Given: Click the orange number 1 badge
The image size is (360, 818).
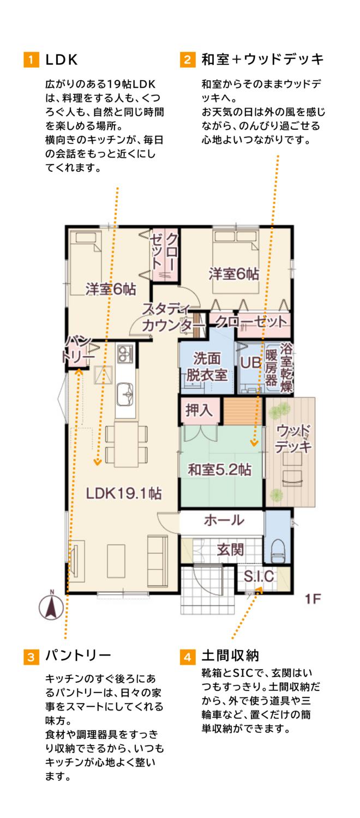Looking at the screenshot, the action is click(x=31, y=59).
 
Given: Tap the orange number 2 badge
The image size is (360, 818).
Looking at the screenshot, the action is click(x=187, y=59).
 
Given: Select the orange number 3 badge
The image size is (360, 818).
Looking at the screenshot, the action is click(x=31, y=657).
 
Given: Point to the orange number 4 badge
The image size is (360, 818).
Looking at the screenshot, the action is click(x=187, y=657).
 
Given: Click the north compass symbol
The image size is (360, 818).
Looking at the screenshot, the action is click(x=51, y=606).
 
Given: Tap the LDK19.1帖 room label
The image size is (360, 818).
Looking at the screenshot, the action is click(x=124, y=494).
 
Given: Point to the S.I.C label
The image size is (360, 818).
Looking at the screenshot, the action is click(x=259, y=576).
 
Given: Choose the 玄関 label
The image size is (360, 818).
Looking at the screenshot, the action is click(x=230, y=549).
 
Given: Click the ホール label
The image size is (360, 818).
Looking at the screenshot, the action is click(x=224, y=520).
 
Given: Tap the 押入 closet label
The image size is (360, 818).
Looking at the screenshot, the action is click(x=199, y=410).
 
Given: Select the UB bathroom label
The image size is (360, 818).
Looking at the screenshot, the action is click(x=251, y=363).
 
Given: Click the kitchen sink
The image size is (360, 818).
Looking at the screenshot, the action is click(x=125, y=394).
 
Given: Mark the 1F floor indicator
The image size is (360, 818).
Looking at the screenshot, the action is click(x=313, y=599).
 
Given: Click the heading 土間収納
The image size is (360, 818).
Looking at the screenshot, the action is click(x=230, y=656).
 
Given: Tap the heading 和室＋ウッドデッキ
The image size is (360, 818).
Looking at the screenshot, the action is click(x=262, y=59).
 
